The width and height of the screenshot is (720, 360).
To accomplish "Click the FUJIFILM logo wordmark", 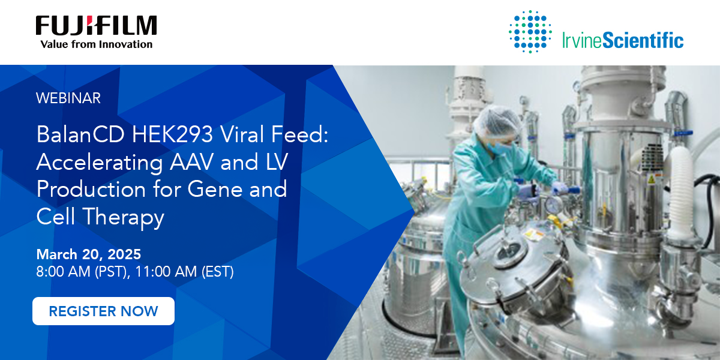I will [96, 26].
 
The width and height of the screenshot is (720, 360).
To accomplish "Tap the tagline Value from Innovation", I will [96, 44].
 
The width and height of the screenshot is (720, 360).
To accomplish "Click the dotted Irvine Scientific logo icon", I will [530, 31].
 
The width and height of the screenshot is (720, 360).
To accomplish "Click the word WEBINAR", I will [68, 98].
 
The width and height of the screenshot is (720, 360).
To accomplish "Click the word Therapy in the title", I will [124, 217].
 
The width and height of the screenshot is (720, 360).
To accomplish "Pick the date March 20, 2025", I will [89, 253].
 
